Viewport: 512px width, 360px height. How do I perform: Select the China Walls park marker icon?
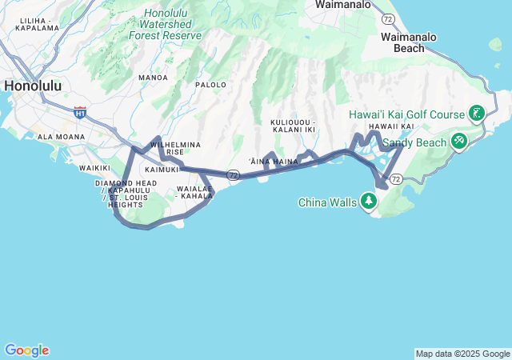pos(369,201)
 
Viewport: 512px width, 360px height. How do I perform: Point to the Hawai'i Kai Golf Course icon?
pos(477,114)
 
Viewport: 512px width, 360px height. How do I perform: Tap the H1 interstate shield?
pos(79,113)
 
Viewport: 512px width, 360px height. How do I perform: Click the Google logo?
pos(26,350)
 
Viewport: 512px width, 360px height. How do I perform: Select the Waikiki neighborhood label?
pos(94,168)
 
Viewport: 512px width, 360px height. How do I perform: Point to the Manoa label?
pos(153,78)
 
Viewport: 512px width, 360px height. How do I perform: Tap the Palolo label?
pos(211,84)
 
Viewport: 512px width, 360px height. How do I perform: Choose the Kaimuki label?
pos(162,170)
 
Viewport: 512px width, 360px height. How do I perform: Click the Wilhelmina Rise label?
pos(175,148)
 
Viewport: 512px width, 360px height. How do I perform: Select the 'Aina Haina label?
pos(274,161)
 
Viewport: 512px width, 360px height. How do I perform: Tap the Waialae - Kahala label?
pos(194,192)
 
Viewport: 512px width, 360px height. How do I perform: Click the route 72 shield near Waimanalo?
pos(388,18)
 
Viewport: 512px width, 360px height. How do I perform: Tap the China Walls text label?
pos(327,202)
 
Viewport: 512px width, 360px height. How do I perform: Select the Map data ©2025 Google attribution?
pos(462,354)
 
